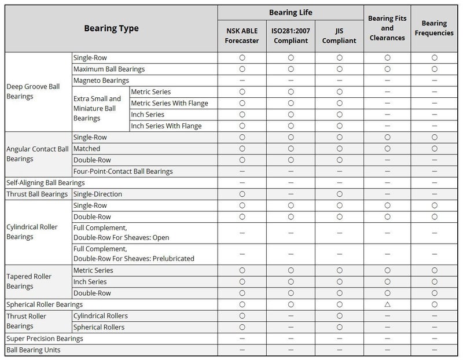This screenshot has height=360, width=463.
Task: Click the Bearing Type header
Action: tap(111, 28)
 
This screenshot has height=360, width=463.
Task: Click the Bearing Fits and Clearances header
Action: tap(387, 28)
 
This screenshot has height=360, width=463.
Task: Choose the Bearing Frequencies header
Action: tap(434, 28)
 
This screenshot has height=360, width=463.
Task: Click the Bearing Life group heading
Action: tap(291, 12)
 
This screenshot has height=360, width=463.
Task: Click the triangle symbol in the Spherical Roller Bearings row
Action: tap(387, 304)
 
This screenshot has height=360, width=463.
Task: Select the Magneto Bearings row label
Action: tap(101, 80)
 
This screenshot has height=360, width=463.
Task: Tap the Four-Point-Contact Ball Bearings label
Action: tap(123, 171)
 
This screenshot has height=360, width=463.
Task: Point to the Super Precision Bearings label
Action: tap(45, 339)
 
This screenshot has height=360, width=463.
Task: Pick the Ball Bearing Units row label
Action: tap(33, 350)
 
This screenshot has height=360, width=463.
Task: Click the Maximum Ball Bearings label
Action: tap(109, 69)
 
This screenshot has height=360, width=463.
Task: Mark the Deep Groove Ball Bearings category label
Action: tap(33, 91)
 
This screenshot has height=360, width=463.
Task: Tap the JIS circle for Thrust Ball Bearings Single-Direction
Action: tap(339, 194)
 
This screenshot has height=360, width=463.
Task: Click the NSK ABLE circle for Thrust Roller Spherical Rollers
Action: tap(242, 327)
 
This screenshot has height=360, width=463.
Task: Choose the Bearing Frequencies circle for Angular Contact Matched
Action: tap(434, 149)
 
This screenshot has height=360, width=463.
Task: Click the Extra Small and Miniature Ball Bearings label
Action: tap(97, 108)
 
